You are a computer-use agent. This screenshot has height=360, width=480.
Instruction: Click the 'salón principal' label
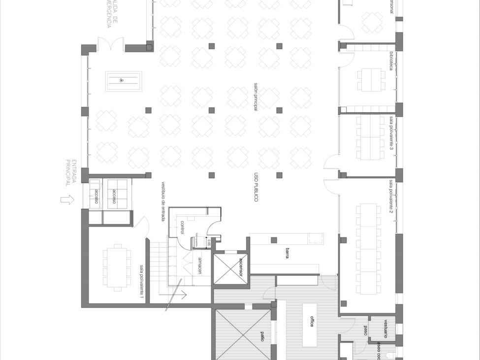tap(256, 97)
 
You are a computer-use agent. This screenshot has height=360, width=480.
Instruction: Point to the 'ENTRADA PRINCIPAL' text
tap(71, 173)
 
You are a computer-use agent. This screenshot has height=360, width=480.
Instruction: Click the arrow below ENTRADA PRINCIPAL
tap(66, 200)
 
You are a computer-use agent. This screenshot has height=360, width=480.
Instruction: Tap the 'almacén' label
tap(199, 266)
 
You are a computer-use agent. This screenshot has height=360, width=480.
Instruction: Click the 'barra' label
tap(287, 254)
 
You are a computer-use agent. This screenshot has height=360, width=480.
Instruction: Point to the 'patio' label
tap(262, 336)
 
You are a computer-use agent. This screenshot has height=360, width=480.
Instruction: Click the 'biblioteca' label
tap(391, 60)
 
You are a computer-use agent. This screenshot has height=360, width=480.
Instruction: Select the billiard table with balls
tap(123, 80)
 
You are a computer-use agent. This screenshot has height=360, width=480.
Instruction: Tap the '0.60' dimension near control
tap(209, 242)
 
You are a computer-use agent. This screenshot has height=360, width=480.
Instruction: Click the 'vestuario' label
tap(385, 328)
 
